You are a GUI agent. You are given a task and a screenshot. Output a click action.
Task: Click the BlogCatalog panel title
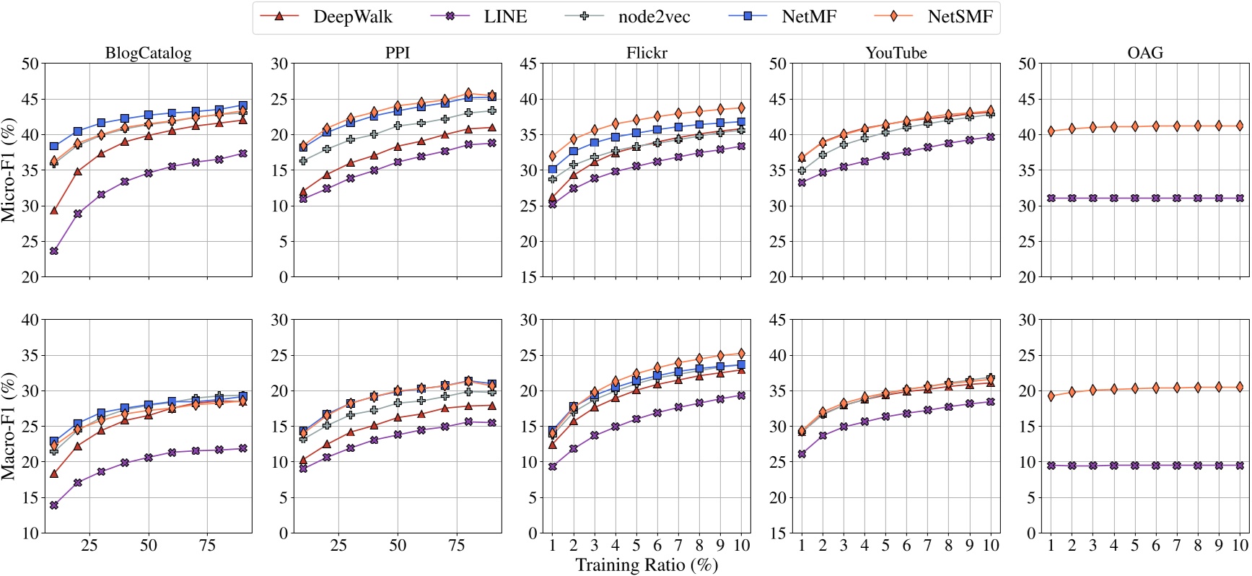pos(148,53)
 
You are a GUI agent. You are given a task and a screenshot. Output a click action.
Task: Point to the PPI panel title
pos(398,53)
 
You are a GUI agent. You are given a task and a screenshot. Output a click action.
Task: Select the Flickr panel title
pos(647,53)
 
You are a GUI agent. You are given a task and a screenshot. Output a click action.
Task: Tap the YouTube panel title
pos(896,53)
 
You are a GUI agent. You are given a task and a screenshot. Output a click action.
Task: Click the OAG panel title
pos(1144,53)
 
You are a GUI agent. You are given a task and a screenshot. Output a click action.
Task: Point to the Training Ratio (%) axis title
pos(647,564)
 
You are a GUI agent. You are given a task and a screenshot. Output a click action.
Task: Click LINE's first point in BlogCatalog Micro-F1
pos(54,251)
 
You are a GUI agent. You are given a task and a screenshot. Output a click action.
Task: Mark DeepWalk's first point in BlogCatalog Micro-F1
pos(54,210)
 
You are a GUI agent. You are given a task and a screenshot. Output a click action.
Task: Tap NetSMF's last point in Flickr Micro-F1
pos(741,108)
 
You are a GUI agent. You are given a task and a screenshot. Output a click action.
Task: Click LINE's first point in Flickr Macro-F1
pos(552,467)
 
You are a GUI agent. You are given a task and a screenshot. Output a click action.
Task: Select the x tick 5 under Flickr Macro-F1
pos(636,546)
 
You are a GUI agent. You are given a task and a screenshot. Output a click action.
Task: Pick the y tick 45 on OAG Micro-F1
pos(1027,99)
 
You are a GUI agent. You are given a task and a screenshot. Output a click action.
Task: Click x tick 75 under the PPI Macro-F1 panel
pos(457,546)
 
